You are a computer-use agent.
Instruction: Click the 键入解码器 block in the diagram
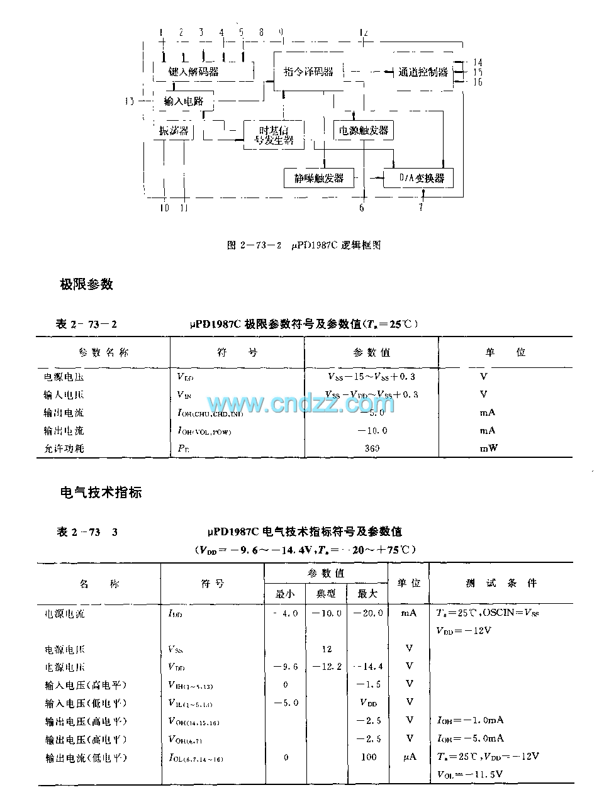[194, 72]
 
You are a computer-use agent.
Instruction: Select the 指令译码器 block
[308, 71]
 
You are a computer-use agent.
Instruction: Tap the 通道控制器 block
[422, 72]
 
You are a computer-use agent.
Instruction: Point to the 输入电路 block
[184, 101]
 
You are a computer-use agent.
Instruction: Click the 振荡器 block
[174, 131]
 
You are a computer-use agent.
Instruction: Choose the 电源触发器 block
[364, 131]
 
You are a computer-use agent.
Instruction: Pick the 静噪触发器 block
[319, 178]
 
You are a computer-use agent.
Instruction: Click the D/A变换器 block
[418, 178]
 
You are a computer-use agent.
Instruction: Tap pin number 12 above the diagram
[363, 32]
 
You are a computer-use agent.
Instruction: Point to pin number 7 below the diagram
[421, 207]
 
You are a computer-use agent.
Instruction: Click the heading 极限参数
[86, 284]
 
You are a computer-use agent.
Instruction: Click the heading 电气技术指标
[101, 493]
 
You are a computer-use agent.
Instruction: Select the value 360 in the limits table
[372, 448]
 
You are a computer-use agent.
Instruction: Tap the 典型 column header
[326, 593]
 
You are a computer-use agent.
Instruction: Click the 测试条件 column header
[501, 583]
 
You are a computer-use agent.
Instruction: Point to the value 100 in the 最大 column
[369, 757]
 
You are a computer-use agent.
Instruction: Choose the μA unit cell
[410, 757]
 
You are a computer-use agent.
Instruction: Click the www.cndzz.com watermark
[301, 403]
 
